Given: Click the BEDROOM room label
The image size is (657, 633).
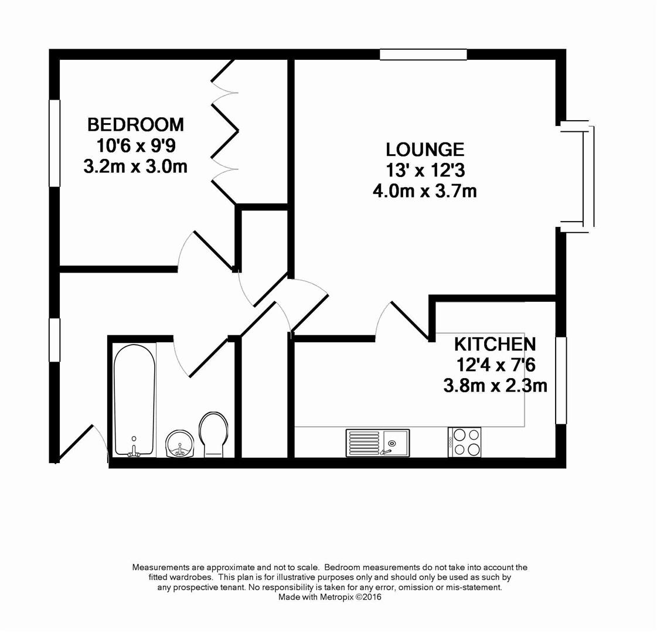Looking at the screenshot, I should [x=135, y=124].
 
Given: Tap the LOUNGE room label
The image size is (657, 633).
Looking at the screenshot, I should [x=425, y=149].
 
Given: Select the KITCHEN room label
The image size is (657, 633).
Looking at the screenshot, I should [x=495, y=343].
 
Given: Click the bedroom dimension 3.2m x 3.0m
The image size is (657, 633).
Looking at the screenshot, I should [x=135, y=166].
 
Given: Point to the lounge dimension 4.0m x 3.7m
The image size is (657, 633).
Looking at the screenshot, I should [x=425, y=191].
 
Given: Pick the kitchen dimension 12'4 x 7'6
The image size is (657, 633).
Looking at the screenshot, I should [x=495, y=365].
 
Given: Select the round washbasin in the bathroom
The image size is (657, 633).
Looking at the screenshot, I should [x=179, y=444].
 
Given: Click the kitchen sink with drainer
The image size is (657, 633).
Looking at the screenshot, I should [x=377, y=442].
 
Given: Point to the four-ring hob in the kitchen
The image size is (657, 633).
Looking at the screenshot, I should [x=464, y=442].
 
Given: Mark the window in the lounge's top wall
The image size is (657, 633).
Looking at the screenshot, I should [x=423, y=55].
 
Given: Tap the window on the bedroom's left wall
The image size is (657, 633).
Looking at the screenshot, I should [x=55, y=143].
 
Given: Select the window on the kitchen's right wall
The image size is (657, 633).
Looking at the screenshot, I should [x=561, y=380].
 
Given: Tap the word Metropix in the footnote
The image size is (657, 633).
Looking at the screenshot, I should [x=338, y=597].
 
